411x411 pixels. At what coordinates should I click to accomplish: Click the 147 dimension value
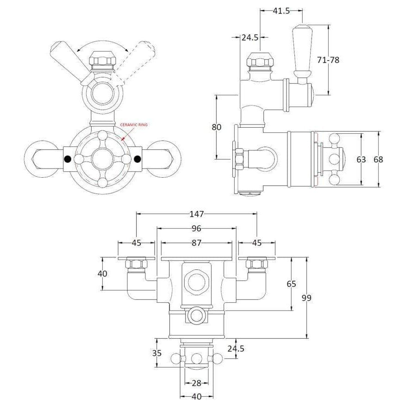click(196, 214)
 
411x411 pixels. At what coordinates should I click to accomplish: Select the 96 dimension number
click(196, 229)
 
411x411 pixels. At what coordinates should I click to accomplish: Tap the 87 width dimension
click(196, 243)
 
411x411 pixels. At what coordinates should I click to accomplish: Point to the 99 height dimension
click(306, 298)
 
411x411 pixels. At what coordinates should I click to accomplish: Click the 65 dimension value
click(291, 284)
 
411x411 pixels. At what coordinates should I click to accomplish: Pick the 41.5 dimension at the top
click(281, 11)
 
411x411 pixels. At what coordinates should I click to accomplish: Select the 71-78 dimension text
click(328, 60)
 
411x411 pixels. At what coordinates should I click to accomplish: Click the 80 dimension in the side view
click(217, 127)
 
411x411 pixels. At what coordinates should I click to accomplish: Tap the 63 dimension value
click(361, 159)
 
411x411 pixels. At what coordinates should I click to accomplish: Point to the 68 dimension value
click(378, 159)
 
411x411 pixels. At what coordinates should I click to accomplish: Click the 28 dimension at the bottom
click(196, 383)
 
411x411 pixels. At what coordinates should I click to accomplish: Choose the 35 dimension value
click(157, 353)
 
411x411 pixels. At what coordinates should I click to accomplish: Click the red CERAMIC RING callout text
click(134, 125)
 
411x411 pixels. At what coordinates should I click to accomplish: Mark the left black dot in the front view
click(68, 159)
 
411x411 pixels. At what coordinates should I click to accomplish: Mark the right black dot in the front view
click(137, 159)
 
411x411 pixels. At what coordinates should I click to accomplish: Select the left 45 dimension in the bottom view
click(136, 243)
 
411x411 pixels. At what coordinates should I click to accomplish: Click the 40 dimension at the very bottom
click(196, 404)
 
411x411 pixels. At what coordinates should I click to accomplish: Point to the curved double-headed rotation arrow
click(102, 41)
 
